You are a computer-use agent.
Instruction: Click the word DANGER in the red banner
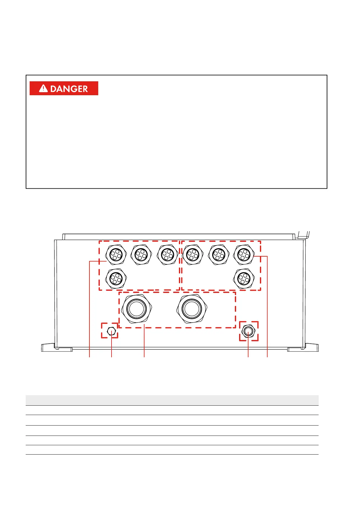69,89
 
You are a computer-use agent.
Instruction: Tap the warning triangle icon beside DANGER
44,88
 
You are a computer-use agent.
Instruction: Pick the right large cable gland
192,309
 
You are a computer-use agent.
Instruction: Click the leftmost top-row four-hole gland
116,254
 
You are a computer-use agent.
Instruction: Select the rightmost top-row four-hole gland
244,254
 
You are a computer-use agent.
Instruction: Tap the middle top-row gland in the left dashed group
141,254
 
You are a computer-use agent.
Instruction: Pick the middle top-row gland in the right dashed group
219,254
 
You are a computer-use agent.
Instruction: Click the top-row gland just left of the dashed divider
167,254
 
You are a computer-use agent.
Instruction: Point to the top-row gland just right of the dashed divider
193,254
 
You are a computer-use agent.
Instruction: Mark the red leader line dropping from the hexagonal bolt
112,348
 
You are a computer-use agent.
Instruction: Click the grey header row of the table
172,400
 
